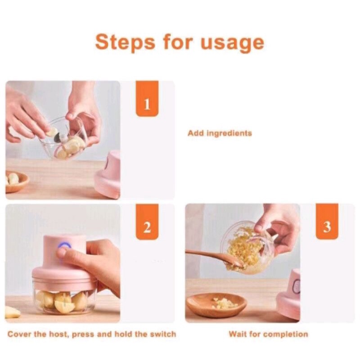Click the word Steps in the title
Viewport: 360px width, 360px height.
(x=125, y=42)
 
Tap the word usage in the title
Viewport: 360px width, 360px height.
(x=232, y=44)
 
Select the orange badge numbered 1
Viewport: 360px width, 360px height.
(x=147, y=99)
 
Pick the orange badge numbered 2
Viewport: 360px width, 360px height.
(x=147, y=222)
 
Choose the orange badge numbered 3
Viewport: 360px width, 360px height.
(x=327, y=221)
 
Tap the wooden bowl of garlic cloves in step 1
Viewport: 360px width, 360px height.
(x=17, y=181)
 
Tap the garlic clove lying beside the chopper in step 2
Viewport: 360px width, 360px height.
(x=12, y=312)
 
